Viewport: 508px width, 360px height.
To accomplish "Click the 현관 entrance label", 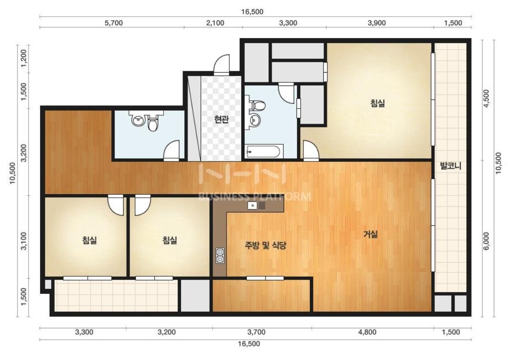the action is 222,120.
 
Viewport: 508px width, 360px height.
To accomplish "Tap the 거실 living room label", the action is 371,234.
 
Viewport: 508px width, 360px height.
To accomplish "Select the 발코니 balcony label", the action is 451,166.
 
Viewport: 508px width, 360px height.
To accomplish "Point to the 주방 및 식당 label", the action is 265,246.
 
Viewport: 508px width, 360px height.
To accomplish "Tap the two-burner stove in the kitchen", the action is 220,255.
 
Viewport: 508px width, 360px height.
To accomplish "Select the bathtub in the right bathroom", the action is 264,151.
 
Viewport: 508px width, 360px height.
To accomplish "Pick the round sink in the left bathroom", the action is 138,120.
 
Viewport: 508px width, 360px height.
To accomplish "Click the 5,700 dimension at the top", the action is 114,23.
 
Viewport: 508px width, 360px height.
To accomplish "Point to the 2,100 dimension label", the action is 215,23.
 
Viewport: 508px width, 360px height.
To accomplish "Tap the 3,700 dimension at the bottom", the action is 256,332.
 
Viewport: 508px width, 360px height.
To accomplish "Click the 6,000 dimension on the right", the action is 486,241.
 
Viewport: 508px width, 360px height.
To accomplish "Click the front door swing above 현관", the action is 221,65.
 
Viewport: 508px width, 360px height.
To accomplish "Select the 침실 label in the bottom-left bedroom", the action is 90,240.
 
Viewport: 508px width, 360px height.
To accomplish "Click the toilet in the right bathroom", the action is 257,105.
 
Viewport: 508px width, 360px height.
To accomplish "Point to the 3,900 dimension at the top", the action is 377,23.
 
